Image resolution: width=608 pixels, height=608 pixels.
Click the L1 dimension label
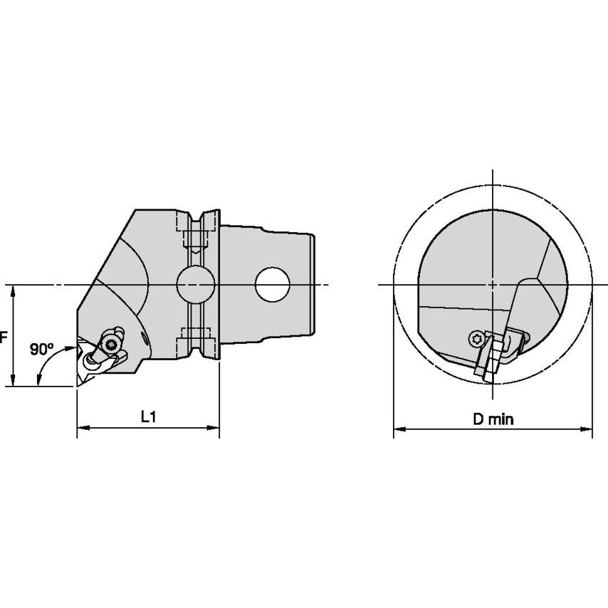[x=148, y=418]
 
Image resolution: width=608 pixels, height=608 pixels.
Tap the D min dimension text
[x=493, y=419]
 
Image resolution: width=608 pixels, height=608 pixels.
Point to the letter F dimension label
[x=3, y=337]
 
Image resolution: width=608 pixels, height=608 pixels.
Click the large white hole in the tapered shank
[x=273, y=284]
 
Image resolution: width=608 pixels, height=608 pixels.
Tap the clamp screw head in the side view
[x=110, y=343]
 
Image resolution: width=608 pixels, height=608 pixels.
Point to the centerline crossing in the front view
[x=493, y=284]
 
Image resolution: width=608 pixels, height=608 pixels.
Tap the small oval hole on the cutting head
[x=145, y=342]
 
